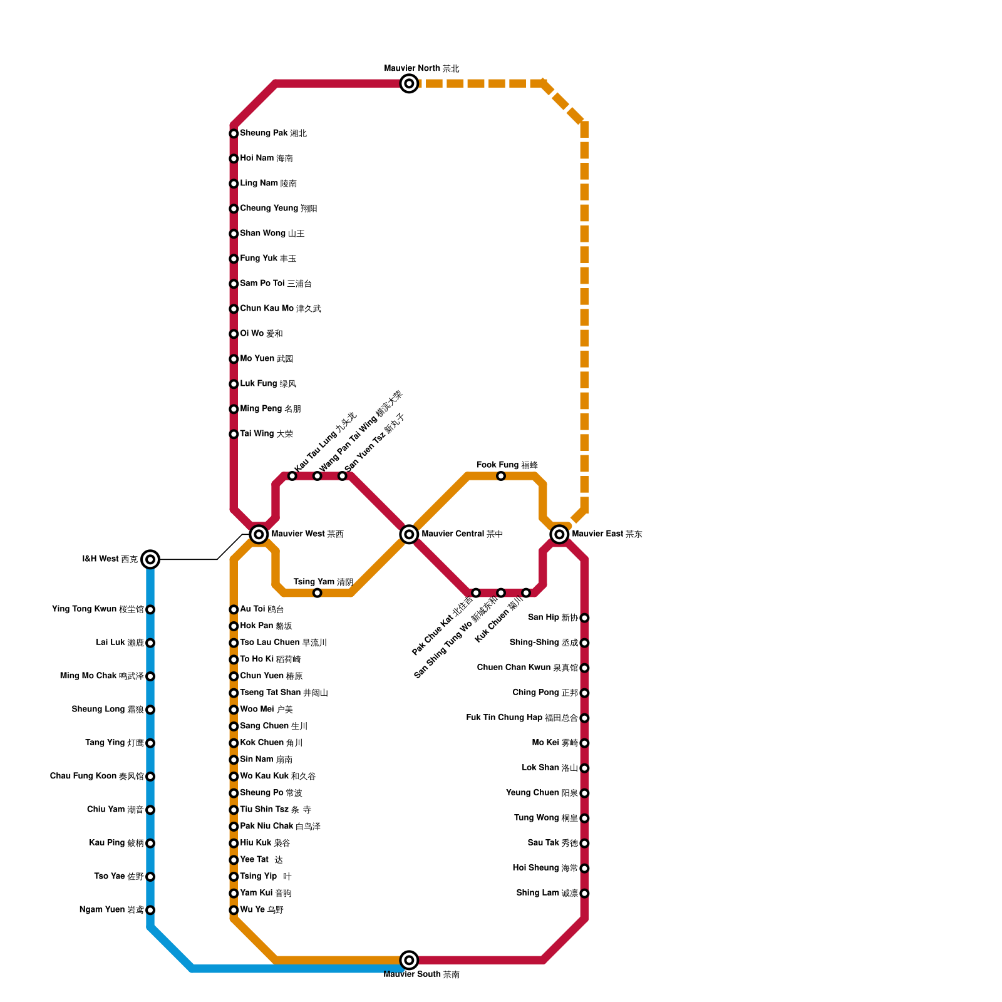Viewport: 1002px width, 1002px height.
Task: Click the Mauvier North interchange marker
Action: click(x=409, y=83)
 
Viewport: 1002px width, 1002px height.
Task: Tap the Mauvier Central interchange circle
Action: click(x=409, y=534)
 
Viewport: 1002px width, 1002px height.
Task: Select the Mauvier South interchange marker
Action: click(x=409, y=959)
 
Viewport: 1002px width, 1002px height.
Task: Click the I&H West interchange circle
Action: click(x=150, y=559)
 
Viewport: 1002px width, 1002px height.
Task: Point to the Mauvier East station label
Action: click(x=607, y=534)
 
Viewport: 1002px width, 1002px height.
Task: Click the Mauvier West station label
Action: click(x=307, y=534)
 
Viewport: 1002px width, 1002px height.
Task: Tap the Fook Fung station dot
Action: click(x=501, y=476)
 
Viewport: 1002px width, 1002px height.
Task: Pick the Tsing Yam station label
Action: click(x=323, y=582)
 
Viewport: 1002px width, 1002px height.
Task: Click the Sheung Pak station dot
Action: click(x=234, y=133)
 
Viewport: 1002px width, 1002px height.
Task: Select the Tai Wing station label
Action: click(x=266, y=434)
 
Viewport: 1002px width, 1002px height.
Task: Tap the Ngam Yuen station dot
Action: click(x=150, y=910)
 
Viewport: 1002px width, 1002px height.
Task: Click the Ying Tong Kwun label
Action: click(x=98, y=609)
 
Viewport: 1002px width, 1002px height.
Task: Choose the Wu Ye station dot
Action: click(x=234, y=910)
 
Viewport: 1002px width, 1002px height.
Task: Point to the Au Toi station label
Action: click(x=262, y=609)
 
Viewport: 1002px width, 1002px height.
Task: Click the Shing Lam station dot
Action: click(x=584, y=893)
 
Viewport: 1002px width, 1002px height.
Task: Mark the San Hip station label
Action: click(x=552, y=617)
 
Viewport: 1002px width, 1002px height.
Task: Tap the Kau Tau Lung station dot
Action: click(x=292, y=476)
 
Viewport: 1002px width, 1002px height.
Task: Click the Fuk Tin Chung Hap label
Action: click(x=522, y=718)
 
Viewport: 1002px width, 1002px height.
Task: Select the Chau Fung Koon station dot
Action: click(x=150, y=777)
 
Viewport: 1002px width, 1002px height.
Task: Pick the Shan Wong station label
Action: click(x=272, y=234)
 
